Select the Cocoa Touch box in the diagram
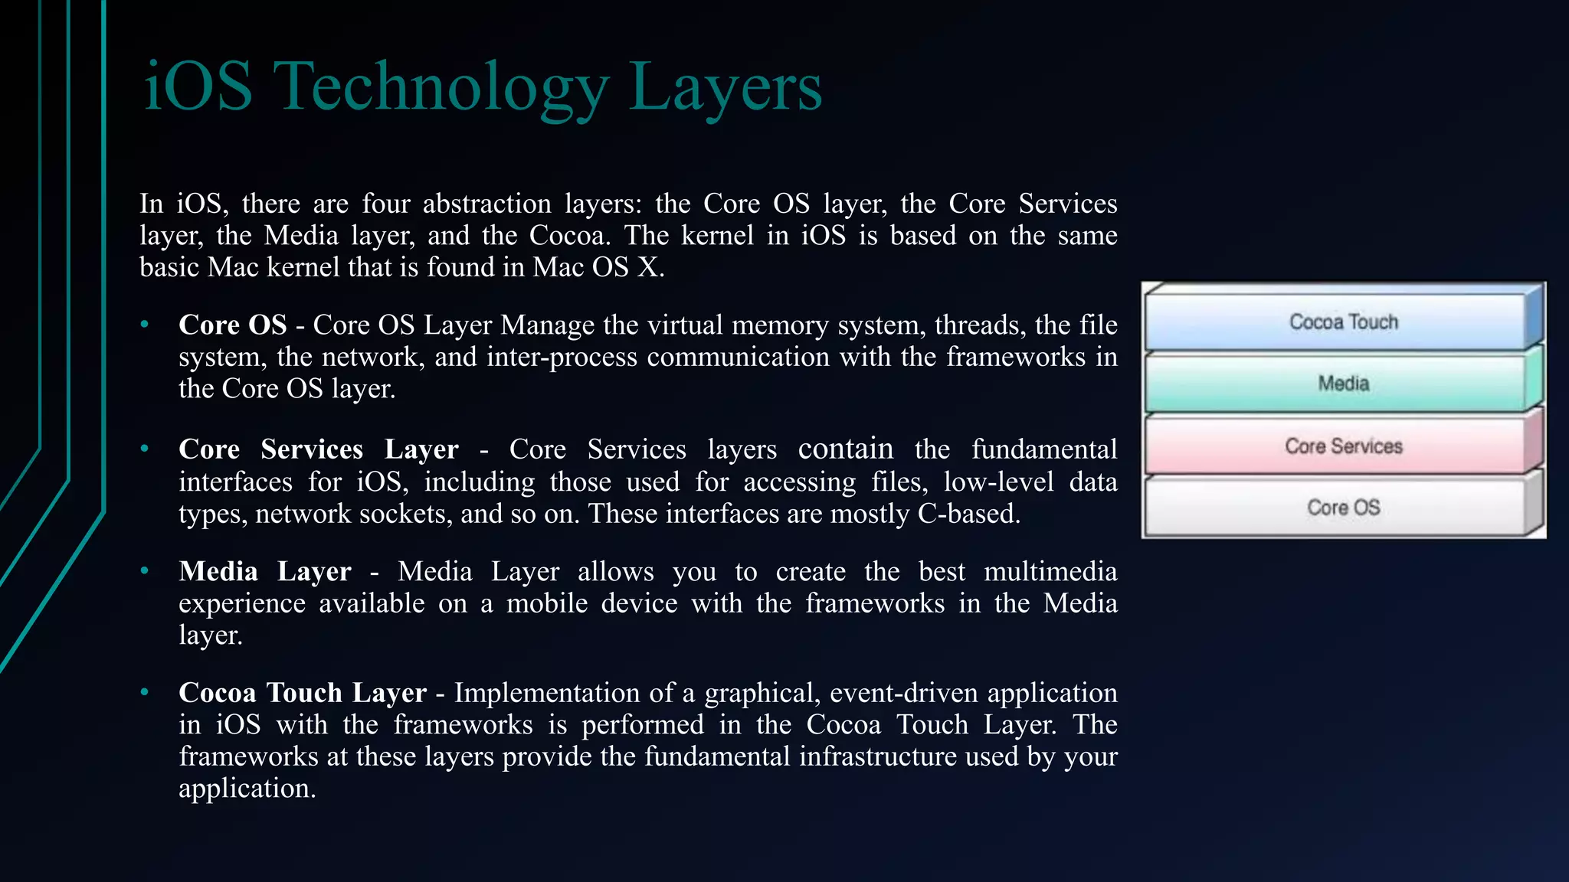[1343, 322]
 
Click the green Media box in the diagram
[1343, 384]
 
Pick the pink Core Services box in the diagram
[1343, 446]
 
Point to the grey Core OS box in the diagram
[1343, 508]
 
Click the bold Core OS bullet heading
[232, 325]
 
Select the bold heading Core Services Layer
[318, 449]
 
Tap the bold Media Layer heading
[264, 572]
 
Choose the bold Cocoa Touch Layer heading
[302, 693]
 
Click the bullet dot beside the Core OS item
[144, 325]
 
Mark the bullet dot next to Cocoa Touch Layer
[144, 693]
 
